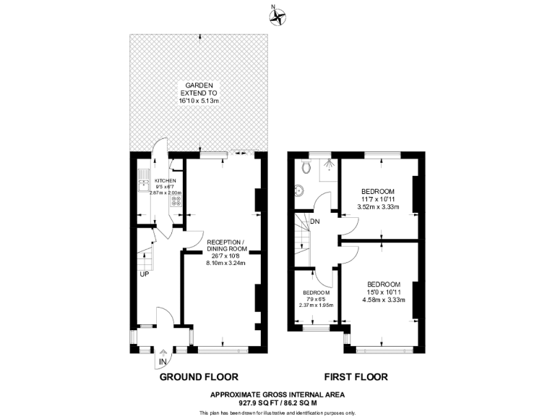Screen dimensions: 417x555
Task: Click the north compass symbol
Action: pyautogui.click(x=278, y=17)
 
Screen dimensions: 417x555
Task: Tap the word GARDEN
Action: pyautogui.click(x=197, y=85)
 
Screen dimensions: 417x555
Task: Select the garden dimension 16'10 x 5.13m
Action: pyautogui.click(x=198, y=101)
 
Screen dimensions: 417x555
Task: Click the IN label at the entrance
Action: pyautogui.click(x=163, y=361)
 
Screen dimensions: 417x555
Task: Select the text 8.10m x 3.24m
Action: pyautogui.click(x=226, y=263)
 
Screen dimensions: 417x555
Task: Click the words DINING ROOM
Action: pyautogui.click(x=226, y=248)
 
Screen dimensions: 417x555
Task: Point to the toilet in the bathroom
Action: pyautogui.click(x=307, y=167)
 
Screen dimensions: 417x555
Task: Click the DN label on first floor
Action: pyautogui.click(x=315, y=222)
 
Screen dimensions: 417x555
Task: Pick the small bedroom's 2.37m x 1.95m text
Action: pyautogui.click(x=316, y=304)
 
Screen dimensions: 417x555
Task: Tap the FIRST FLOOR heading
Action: pyautogui.click(x=355, y=376)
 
